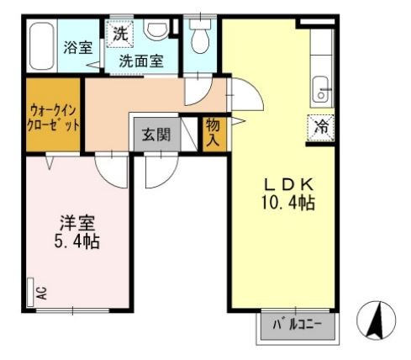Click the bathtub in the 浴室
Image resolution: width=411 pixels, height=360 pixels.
pyautogui.click(x=41, y=46)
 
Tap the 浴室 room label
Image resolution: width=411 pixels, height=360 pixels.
pyautogui.click(x=78, y=47)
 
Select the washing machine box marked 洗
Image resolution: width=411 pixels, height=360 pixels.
pyautogui.click(x=119, y=34)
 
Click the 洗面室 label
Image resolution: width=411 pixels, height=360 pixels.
pyautogui.click(x=141, y=61)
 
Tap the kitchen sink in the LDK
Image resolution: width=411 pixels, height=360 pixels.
pyautogui.click(x=320, y=89)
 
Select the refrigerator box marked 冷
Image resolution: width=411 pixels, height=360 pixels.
pyautogui.click(x=321, y=128)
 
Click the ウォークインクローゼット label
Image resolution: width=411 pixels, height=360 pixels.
pyautogui.click(x=53, y=118)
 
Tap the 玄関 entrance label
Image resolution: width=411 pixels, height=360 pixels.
pyautogui.click(x=156, y=135)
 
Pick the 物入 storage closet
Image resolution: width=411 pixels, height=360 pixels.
pyautogui.click(x=214, y=134)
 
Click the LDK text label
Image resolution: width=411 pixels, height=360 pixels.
pyautogui.click(x=289, y=184)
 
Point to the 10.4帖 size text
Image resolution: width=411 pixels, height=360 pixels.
pyautogui.click(x=288, y=203)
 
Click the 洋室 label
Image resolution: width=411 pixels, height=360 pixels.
pyautogui.click(x=77, y=223)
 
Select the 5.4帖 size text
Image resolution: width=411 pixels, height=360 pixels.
pyautogui.click(x=77, y=241)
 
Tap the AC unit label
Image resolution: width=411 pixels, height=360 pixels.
pyautogui.click(x=42, y=293)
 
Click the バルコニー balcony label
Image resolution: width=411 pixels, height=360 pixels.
pyautogui.click(x=298, y=325)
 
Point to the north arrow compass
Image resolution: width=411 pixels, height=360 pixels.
pyautogui.click(x=377, y=320)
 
